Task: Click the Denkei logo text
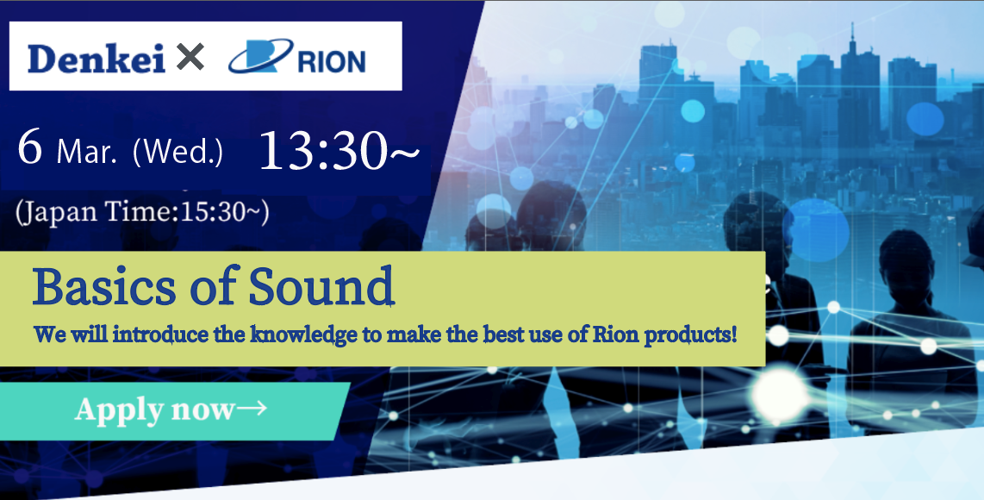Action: pos(97,59)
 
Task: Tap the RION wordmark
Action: pos(332,62)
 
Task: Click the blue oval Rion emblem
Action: pos(260,56)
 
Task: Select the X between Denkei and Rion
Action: pos(190,58)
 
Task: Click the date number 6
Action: pos(30,147)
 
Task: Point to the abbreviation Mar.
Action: pos(87,151)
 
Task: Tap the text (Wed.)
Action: pos(178,152)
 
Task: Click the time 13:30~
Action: pos(339,151)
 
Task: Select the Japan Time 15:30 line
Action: pos(142,212)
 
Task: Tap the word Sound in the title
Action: pos(321,286)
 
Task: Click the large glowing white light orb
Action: pos(780,393)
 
